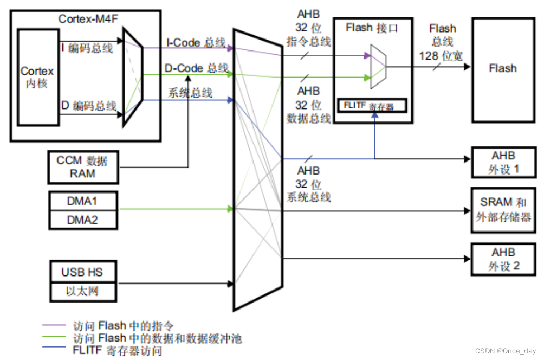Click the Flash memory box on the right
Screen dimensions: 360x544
point(503,68)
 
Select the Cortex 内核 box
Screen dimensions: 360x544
point(37,78)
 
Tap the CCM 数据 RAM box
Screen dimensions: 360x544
point(82,167)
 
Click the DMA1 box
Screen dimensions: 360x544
point(82,201)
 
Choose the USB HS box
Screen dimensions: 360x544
point(82,272)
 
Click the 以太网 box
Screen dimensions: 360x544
point(82,292)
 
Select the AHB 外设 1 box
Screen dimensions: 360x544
point(503,162)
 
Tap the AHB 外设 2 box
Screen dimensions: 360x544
point(503,259)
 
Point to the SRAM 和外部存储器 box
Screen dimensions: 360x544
point(503,210)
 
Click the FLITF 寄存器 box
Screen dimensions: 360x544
point(372,106)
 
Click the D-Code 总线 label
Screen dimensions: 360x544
point(196,68)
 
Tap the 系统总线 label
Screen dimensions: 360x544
point(190,93)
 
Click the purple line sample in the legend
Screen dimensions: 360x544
point(54,326)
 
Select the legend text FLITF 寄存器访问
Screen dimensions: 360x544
point(117,351)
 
